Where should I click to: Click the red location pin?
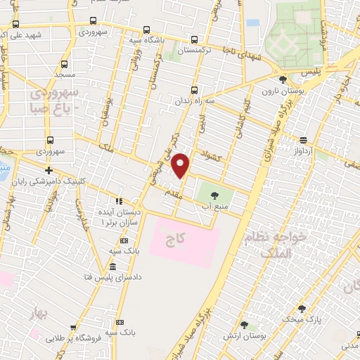(x=181, y=165)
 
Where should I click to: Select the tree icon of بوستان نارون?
(x=283, y=80)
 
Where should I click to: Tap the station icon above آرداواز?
(x=303, y=140)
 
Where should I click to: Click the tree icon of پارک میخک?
(x=302, y=309)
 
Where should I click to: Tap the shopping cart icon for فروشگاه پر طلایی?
(x=73, y=327)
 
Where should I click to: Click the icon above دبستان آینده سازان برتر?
(x=119, y=200)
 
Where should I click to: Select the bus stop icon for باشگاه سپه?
(x=146, y=30)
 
